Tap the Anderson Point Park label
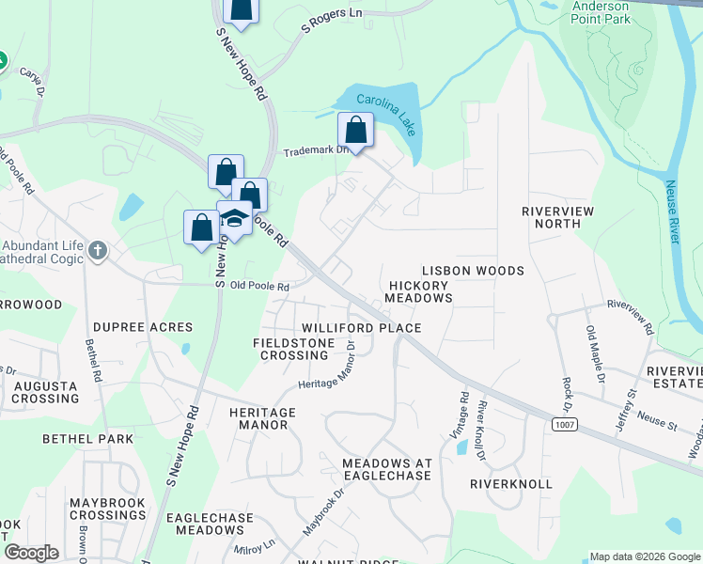[x=601, y=10]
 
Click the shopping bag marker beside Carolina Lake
[x=355, y=131]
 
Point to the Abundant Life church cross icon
[x=99, y=252]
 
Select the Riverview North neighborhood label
[x=558, y=217]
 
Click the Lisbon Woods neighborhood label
[x=473, y=271]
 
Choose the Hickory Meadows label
[x=418, y=290]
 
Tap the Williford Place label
[x=361, y=328]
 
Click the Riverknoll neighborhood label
[x=511, y=483]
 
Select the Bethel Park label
[x=84, y=439]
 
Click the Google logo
[x=30, y=553]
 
